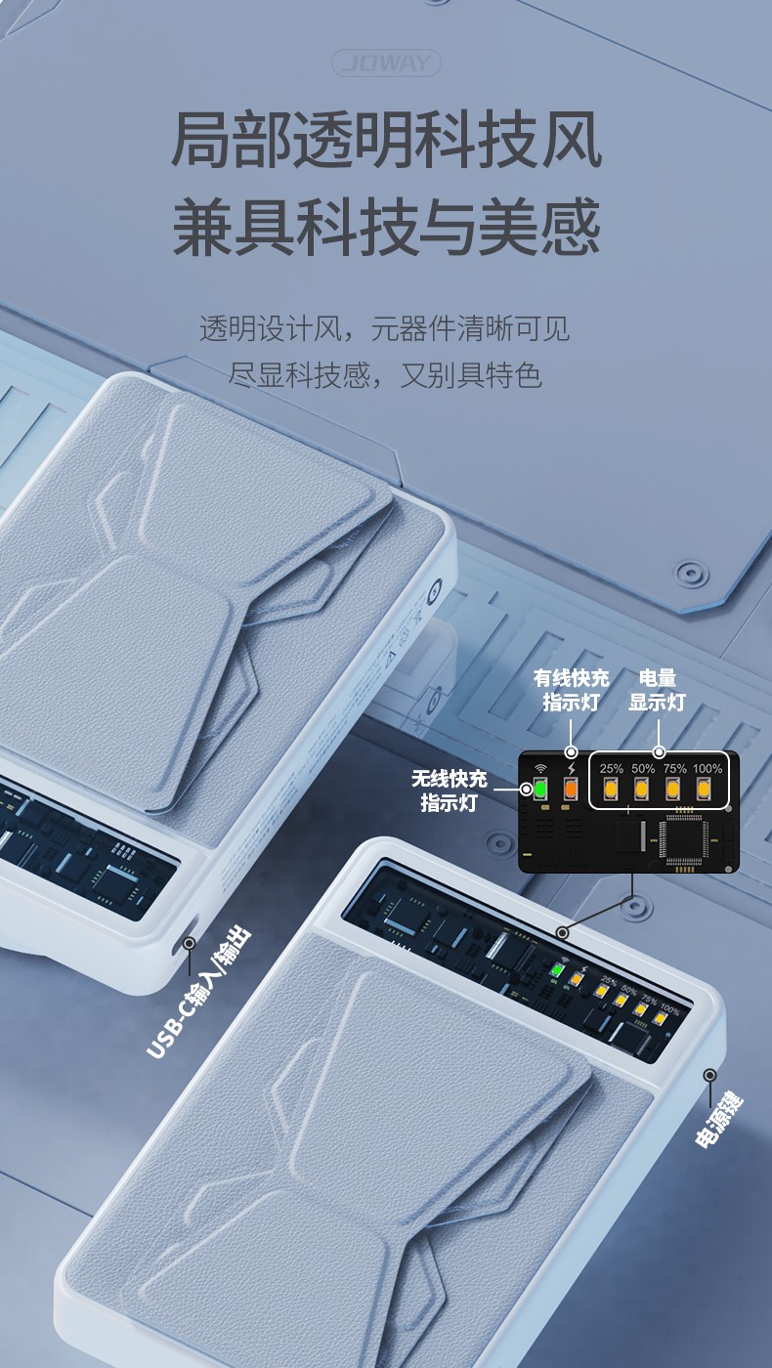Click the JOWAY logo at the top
pos(387,64)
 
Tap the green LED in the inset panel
pos(538,789)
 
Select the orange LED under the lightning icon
pos(572,789)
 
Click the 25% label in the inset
pos(612,769)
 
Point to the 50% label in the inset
pos(643,769)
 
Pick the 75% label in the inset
pos(674,769)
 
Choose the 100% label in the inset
pos(707,769)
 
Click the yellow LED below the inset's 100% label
pos(704,789)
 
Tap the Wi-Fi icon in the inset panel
pos(538,769)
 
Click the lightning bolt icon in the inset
pos(572,769)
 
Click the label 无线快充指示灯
pos(449,791)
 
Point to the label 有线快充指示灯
pos(571,690)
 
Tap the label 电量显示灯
pos(657,690)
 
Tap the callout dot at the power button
pos(708,1074)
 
